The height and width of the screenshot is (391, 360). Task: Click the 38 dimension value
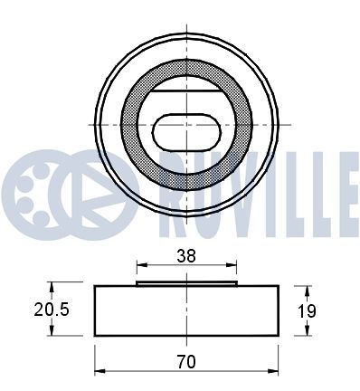pos(187,256)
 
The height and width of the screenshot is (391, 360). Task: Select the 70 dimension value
pos(187,361)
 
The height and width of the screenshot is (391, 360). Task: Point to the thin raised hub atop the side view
pos(186,282)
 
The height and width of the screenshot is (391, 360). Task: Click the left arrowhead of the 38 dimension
pos(139,266)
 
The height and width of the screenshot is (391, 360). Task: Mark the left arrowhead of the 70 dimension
pos(99,371)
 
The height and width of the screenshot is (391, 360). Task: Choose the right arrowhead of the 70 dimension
pos(274,371)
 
